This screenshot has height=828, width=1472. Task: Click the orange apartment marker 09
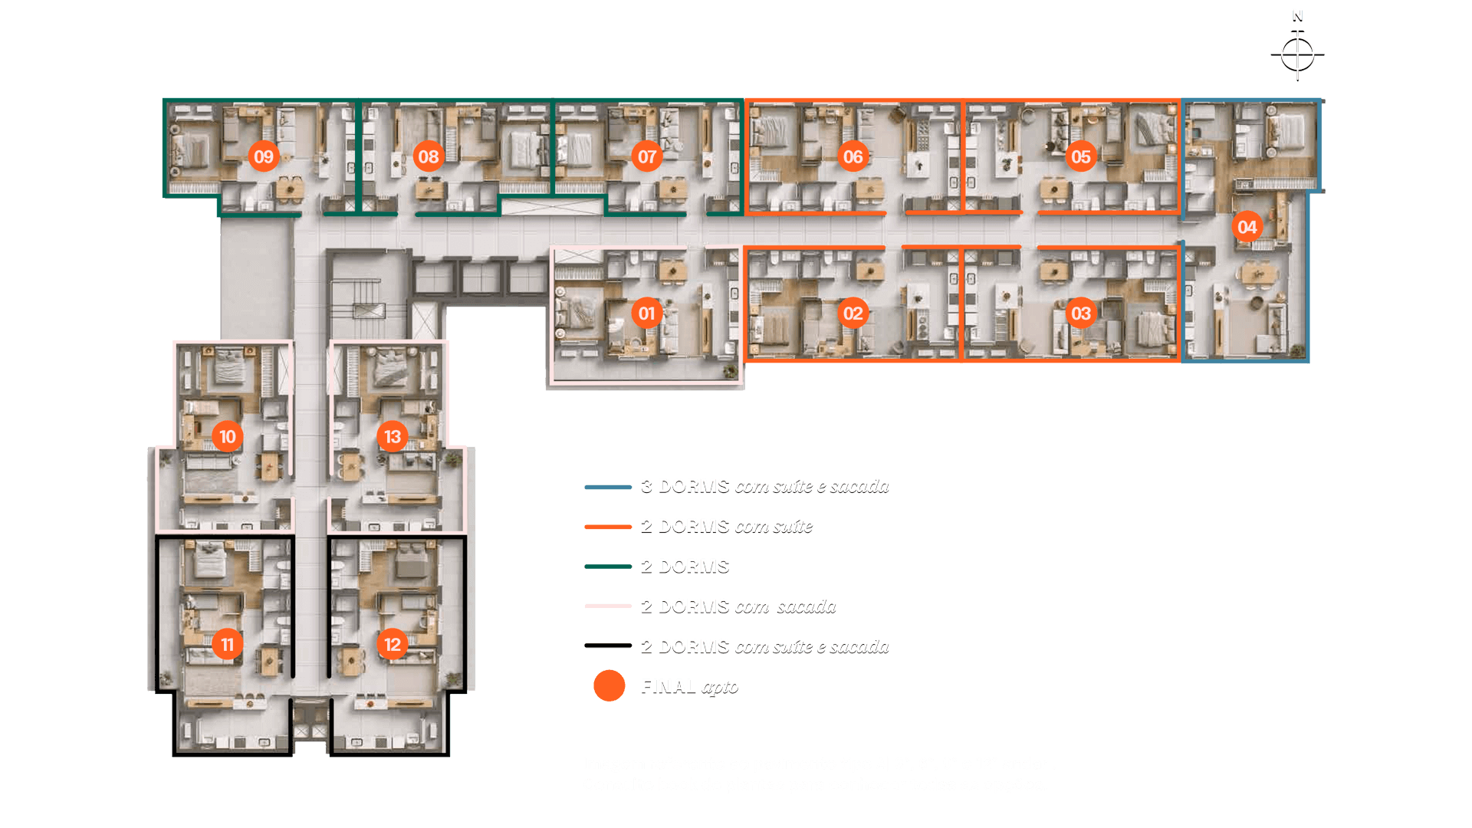pos(264,157)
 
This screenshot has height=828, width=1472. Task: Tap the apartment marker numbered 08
pos(429,157)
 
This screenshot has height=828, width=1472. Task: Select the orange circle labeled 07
pos(647,157)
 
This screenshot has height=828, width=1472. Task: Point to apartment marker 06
pos(853,157)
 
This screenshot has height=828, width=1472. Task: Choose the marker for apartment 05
pos(1081,157)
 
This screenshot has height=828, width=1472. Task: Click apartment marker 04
pos(1247,227)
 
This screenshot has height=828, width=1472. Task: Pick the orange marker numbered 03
pos(1081,314)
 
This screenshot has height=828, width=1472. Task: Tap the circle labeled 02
pos(853,314)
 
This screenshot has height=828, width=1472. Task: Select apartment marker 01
pos(647,314)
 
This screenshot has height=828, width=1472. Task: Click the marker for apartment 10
pos(228,437)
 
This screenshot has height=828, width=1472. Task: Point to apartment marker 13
pos(393,437)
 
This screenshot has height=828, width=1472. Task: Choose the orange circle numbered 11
pos(228,645)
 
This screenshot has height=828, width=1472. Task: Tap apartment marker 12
pos(393,645)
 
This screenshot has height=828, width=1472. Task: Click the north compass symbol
pos(1297,52)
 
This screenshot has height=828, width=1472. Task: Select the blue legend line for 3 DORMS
pos(608,487)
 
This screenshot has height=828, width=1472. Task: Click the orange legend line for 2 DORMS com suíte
pos(608,527)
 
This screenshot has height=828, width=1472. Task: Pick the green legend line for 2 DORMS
pos(608,567)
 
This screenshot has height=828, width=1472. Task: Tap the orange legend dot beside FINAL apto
pos(609,686)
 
